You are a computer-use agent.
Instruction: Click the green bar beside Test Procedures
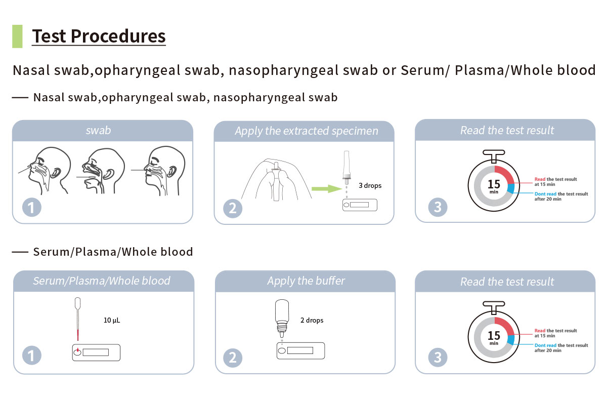click(17, 36)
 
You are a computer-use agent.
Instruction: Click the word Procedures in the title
click(118, 36)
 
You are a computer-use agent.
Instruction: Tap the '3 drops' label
click(370, 185)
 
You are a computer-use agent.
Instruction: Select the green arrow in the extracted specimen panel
click(327, 189)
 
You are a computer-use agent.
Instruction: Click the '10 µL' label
click(112, 320)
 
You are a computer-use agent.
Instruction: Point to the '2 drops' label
click(312, 320)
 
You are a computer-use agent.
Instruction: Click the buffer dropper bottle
click(282, 318)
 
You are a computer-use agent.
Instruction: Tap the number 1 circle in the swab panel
click(32, 208)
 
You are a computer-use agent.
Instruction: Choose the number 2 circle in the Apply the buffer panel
click(233, 358)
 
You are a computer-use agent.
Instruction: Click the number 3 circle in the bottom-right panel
click(438, 358)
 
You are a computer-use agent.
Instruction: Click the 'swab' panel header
click(98, 131)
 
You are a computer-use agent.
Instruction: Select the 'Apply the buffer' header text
click(306, 281)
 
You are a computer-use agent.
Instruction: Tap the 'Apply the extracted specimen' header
click(307, 131)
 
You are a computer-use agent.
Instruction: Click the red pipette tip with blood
click(78, 335)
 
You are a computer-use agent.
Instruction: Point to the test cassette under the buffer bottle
click(300, 350)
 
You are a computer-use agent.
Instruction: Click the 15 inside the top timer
click(494, 184)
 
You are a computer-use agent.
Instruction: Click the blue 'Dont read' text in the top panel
click(545, 194)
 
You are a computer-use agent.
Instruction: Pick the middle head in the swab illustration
click(102, 171)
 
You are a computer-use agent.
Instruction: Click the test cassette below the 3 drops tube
click(360, 205)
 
